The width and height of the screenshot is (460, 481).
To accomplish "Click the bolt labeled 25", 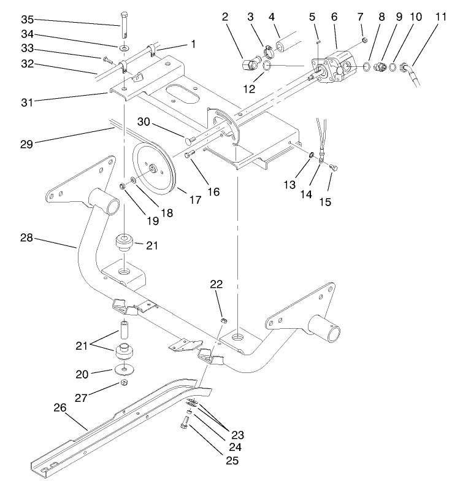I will click(x=183, y=423).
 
